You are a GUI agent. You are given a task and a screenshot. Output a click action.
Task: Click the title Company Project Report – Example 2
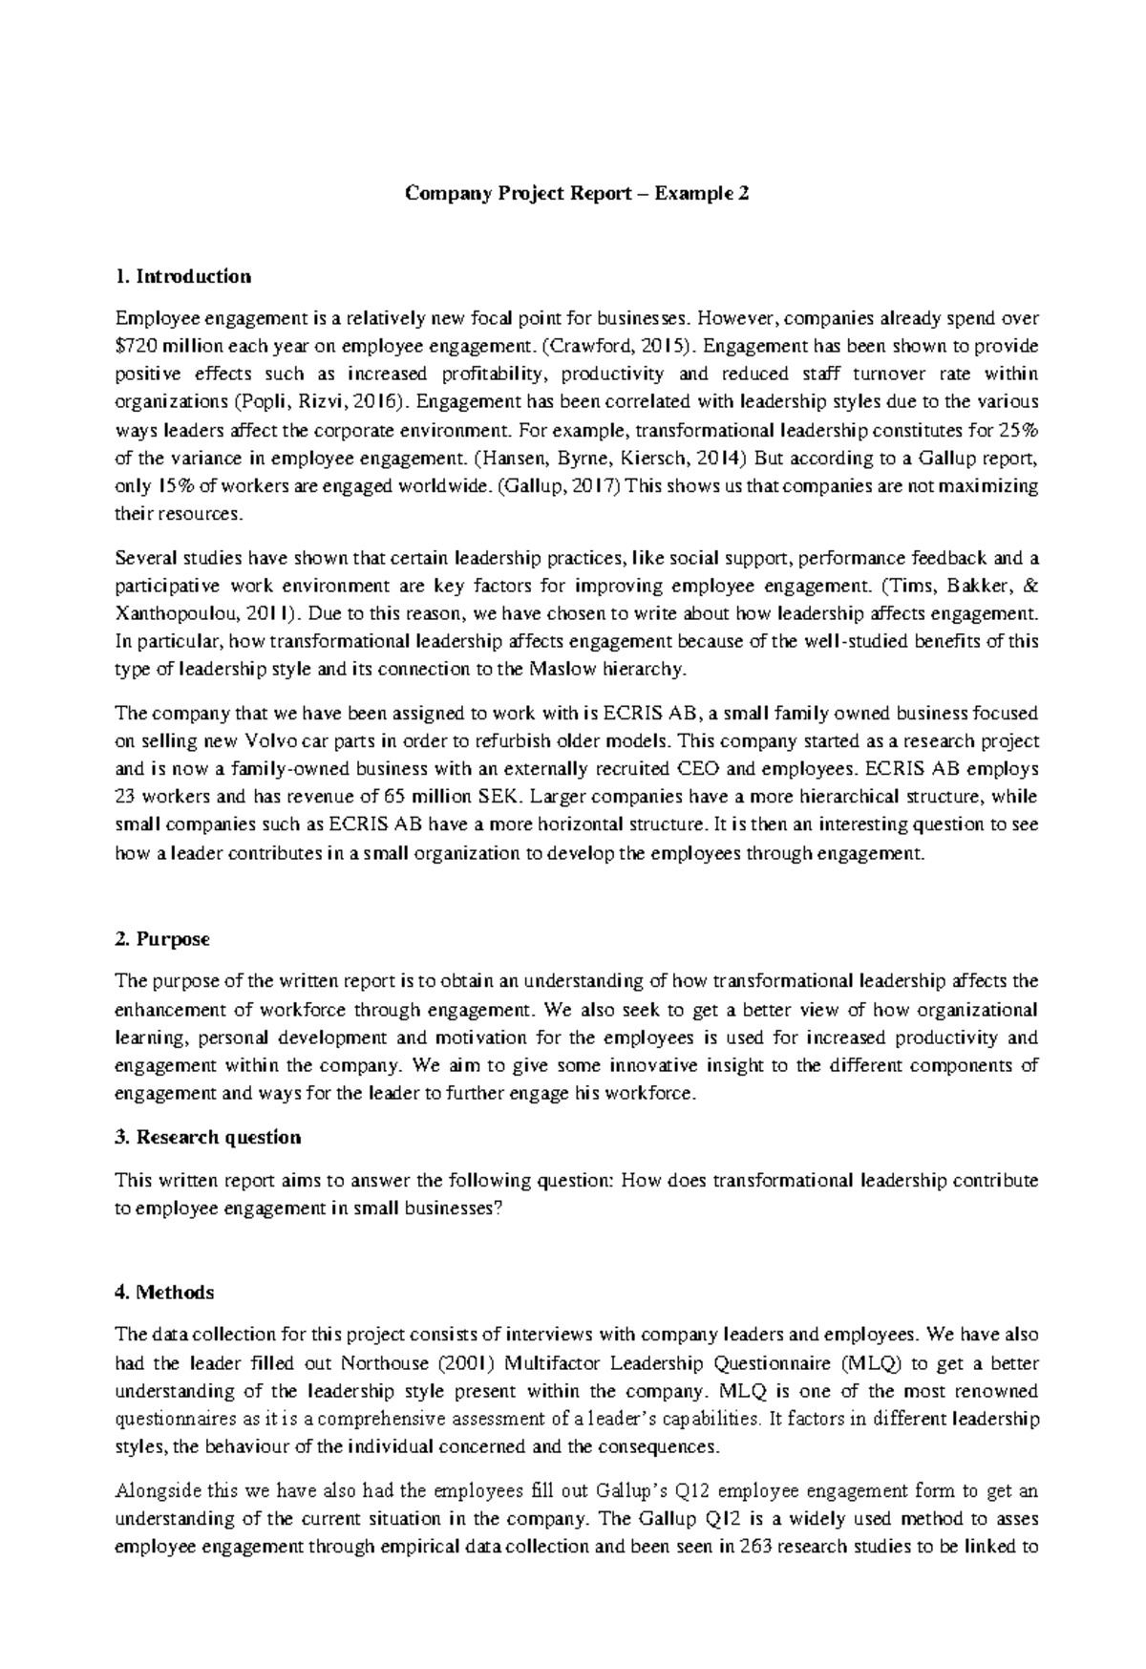[577, 193]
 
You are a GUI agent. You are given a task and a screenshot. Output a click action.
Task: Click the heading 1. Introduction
[182, 277]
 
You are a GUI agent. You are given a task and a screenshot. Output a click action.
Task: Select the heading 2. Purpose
[161, 939]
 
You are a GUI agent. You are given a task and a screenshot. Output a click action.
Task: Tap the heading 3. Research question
[207, 1137]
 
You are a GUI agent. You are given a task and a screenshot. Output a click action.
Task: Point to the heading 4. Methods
[163, 1293]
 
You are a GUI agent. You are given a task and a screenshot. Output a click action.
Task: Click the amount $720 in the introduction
[134, 346]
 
